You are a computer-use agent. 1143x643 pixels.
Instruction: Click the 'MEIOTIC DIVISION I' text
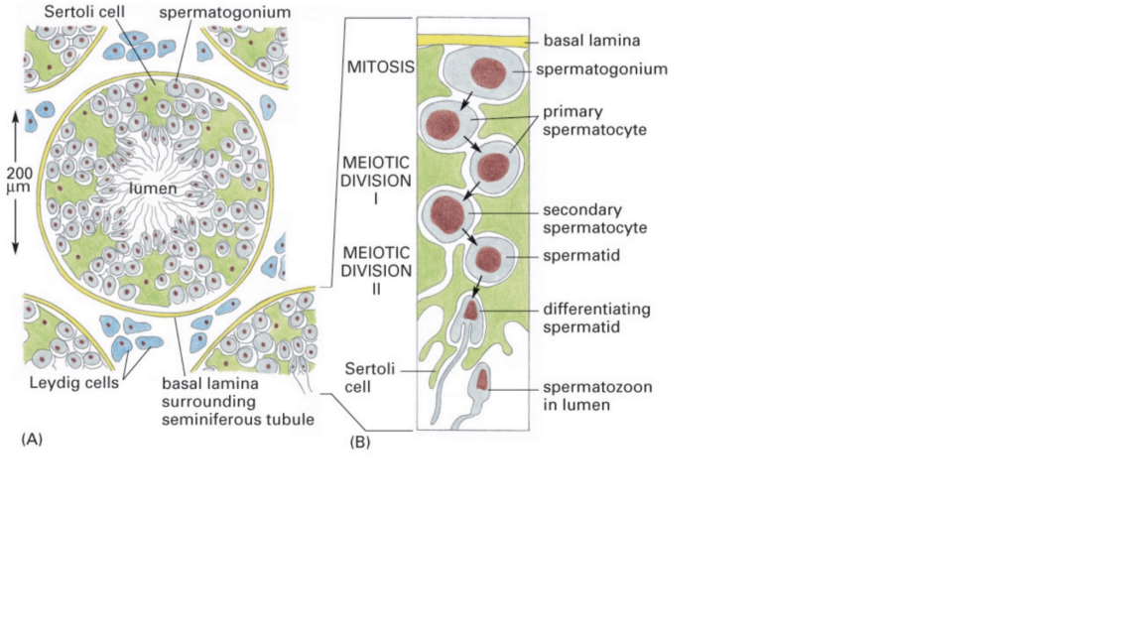click(380, 180)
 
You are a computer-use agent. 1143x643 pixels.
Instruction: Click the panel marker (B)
click(360, 442)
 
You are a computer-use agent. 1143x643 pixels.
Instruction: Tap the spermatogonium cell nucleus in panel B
click(488, 72)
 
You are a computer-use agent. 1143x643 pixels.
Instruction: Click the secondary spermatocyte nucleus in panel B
click(447, 211)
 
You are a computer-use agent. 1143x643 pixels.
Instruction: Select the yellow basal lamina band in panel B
click(473, 40)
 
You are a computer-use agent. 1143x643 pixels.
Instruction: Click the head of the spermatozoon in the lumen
click(482, 378)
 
